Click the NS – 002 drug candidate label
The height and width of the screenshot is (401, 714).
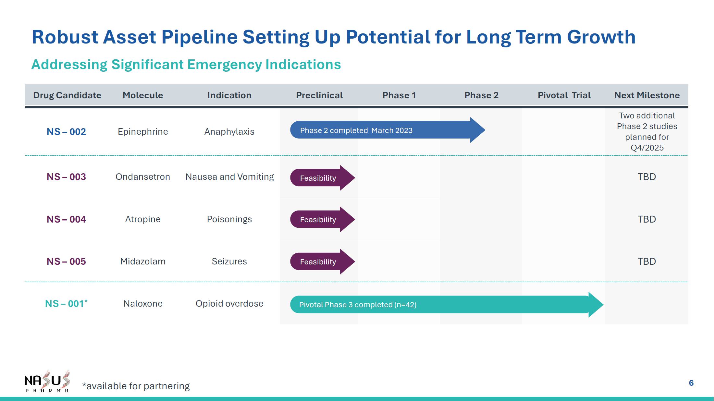click(x=66, y=132)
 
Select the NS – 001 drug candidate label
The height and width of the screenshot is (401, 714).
click(x=66, y=304)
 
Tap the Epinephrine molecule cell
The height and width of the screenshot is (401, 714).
click(x=143, y=132)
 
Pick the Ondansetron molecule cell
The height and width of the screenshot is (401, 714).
click(x=143, y=177)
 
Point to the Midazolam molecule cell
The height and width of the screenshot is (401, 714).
click(x=143, y=261)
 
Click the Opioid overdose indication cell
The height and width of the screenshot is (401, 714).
click(x=229, y=304)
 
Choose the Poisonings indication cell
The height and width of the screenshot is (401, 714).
click(x=229, y=219)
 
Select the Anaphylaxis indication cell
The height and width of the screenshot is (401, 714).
click(x=229, y=132)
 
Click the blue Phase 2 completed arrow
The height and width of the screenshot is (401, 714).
click(x=388, y=130)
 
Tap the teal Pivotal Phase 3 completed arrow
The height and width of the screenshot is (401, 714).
click(x=447, y=305)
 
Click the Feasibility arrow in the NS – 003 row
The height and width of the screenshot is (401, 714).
click(x=323, y=178)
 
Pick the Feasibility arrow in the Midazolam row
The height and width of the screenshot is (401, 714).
click(x=323, y=261)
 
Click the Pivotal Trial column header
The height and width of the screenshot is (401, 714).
click(x=564, y=95)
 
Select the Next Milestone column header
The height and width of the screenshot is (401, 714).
click(x=647, y=95)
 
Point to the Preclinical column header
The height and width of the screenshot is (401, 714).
click(x=319, y=95)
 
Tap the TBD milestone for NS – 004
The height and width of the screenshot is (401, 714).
click(x=647, y=219)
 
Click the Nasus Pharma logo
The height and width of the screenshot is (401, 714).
click(x=47, y=381)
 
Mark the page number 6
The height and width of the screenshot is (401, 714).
click(x=691, y=383)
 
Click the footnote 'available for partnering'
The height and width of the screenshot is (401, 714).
click(x=136, y=386)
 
